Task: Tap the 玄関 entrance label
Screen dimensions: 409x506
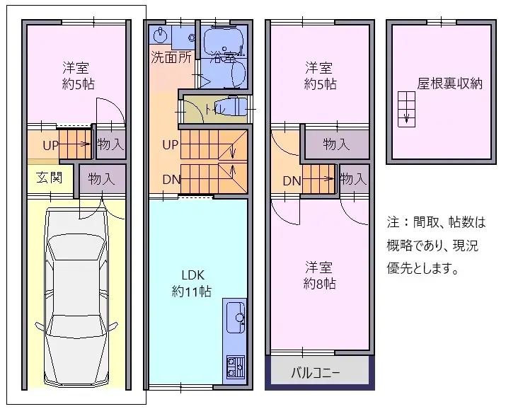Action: tap(50, 177)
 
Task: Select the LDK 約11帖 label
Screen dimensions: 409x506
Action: tap(191, 282)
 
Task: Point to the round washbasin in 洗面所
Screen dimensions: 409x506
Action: tap(161, 35)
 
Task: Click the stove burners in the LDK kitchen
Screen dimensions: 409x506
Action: tap(234, 367)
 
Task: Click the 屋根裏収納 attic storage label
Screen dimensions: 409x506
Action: tap(449, 83)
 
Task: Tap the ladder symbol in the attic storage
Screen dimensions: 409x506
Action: tap(407, 109)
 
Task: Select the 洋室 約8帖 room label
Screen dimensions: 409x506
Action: tap(319, 276)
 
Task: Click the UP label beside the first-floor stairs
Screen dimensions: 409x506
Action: tap(50, 146)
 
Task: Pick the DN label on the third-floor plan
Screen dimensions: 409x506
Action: tap(292, 180)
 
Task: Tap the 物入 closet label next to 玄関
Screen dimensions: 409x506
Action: tap(101, 179)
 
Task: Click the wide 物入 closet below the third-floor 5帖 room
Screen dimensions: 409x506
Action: tap(336, 144)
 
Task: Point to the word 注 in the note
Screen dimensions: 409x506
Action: tap(393, 222)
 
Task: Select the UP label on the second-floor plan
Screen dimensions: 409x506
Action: tap(170, 146)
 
